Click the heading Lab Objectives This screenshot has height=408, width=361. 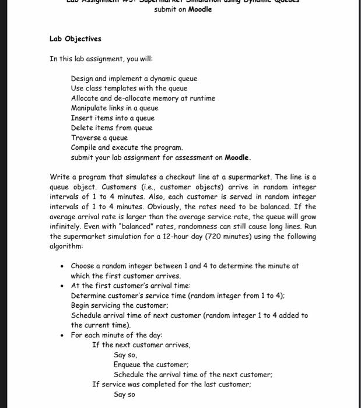click(x=75, y=39)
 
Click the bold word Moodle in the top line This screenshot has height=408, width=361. click(x=200, y=9)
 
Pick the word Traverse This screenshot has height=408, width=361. click(x=86, y=138)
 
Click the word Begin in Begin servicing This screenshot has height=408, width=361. click(x=80, y=305)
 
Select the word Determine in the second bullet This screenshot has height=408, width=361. click(x=89, y=296)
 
